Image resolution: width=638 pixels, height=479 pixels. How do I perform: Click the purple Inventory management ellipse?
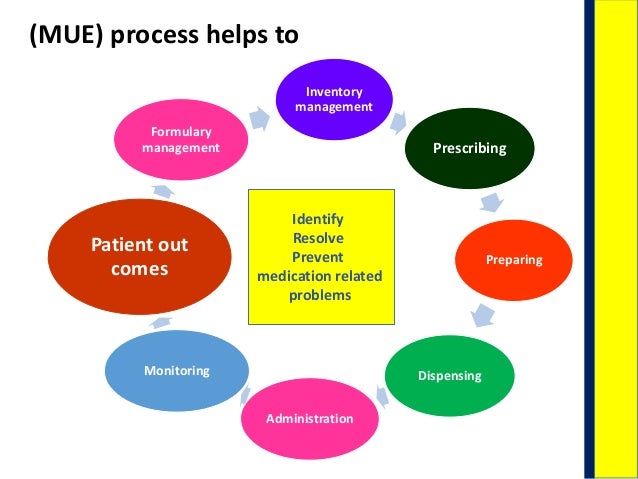pos(333,98)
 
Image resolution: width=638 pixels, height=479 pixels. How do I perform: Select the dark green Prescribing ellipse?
pos(469,148)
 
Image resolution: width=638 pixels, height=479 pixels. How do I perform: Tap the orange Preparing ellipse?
pos(513,259)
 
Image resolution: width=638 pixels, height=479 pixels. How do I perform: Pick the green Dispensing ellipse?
pos(449,375)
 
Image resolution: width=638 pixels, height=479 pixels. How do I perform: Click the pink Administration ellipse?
pos(309,417)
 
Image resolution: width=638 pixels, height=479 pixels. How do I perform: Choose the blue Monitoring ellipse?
pos(177,370)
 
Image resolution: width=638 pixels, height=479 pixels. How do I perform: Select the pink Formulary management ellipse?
pos(181,140)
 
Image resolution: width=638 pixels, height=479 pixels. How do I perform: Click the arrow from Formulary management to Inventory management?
pos(259,118)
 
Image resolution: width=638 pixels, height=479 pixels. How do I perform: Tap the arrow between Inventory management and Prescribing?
pos(400,122)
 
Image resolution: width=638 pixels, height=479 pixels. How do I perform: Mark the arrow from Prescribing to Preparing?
pos(490,203)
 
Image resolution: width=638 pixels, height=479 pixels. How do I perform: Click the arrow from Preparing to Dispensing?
pos(483,316)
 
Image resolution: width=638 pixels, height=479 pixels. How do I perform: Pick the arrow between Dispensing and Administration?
pos(381,397)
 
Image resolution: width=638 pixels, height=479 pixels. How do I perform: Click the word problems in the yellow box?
pos(320,296)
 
